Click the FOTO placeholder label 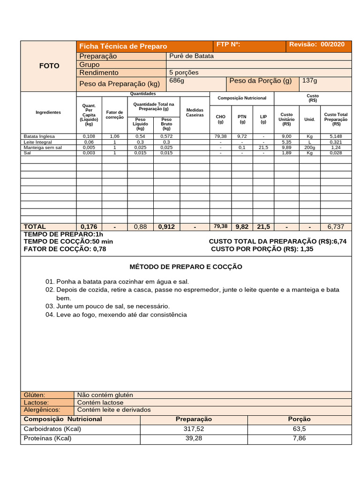click(49, 66)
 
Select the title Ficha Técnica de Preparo click(123, 46)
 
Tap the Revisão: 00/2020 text click(317, 45)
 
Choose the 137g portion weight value click(309, 81)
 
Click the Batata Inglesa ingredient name click(39, 136)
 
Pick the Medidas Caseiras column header click(195, 112)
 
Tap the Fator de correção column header click(114, 114)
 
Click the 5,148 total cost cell click(336, 136)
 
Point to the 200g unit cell click(309, 147)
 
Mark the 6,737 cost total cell click(336, 226)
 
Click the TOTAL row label click(35, 226)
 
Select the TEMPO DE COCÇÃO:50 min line click(68, 241)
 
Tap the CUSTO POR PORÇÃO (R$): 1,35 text click(262, 249)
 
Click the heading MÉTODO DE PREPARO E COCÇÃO click(186, 267)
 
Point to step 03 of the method click(107, 306)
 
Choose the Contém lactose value click(100, 402)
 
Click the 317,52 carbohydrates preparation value click(194, 429)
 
